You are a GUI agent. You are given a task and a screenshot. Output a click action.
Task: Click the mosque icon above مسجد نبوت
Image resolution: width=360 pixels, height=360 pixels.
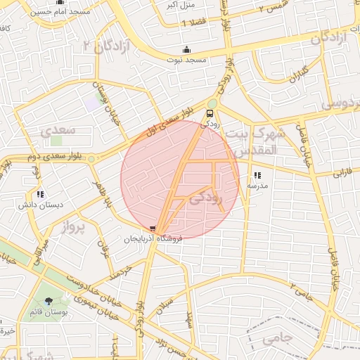point(186,49)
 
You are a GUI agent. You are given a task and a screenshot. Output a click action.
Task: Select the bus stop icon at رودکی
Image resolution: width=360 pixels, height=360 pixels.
point(210,113)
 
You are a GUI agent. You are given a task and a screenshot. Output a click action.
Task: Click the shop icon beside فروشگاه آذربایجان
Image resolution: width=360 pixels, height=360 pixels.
point(153,229)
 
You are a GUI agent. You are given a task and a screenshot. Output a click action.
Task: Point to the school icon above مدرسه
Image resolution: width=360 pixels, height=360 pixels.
point(257,175)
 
